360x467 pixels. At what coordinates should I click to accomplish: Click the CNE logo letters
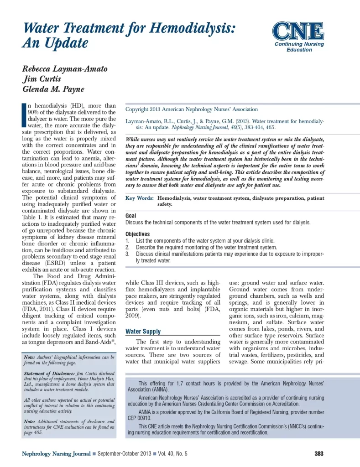tap(298, 31)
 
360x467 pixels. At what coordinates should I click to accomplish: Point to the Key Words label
tap(139, 198)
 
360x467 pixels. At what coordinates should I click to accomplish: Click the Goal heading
tap(130, 216)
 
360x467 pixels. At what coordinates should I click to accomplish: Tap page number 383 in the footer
tap(319, 453)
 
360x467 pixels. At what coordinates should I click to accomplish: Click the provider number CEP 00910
tap(139, 418)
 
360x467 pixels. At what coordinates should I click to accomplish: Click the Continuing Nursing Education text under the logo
tap(299, 47)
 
